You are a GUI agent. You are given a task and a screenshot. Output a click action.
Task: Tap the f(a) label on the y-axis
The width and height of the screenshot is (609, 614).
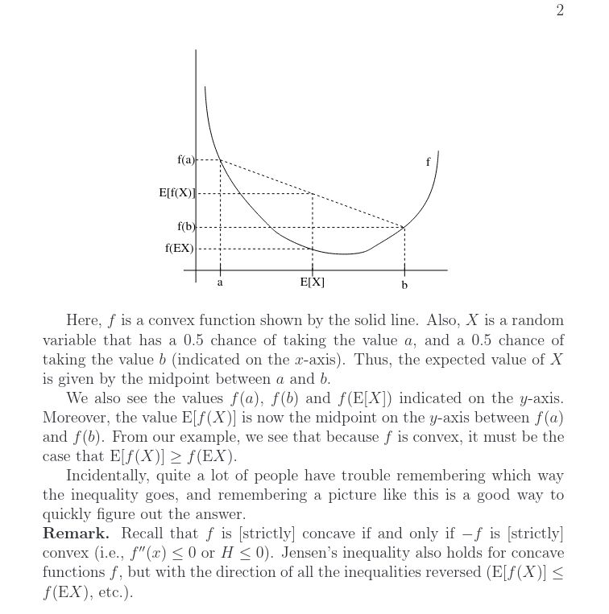pos(185,160)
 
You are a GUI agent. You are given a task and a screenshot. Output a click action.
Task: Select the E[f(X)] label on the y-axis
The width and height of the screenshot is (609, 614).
pos(176,193)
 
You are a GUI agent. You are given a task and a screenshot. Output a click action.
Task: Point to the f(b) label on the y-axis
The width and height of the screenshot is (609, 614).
pos(185,227)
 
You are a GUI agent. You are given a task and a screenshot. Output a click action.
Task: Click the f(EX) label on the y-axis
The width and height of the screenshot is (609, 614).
pos(179,249)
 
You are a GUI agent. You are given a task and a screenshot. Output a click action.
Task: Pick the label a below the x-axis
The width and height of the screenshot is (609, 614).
pos(220,283)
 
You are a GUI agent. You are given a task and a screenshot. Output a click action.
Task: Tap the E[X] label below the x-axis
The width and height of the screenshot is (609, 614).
pos(313,282)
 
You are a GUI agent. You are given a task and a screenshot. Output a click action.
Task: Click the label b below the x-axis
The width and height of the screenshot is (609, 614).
pos(404,284)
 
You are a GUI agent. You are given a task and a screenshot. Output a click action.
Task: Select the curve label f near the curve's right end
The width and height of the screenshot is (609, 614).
pos(428,162)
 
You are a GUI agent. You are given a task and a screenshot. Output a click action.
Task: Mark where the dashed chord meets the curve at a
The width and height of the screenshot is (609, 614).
pos(220,160)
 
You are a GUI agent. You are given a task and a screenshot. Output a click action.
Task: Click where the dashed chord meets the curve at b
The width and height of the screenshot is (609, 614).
pos(404,228)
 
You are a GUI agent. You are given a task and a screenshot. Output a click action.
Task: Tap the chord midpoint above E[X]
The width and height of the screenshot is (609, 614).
pos(313,194)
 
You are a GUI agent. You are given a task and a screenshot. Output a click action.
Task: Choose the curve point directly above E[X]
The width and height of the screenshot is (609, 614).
pos(313,249)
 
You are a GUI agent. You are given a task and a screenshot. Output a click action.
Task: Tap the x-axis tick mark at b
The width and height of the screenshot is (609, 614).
pos(404,270)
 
